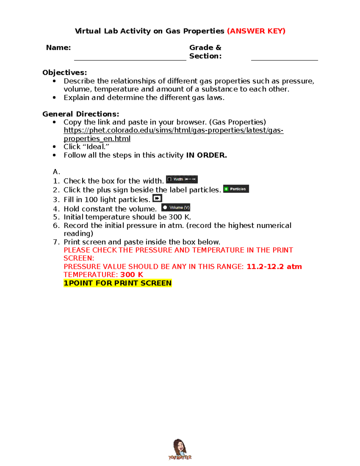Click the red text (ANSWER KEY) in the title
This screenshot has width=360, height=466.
(x=256, y=31)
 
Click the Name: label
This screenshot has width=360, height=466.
(x=58, y=48)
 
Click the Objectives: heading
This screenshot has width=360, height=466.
(x=64, y=73)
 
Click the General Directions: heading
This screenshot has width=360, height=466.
(x=81, y=114)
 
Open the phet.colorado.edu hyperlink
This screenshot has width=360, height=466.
(x=173, y=131)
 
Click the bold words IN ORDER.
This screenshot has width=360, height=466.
(x=206, y=155)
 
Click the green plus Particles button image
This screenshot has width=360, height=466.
(x=236, y=189)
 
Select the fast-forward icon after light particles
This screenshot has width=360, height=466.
(x=157, y=198)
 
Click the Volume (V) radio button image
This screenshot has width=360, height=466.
(x=176, y=208)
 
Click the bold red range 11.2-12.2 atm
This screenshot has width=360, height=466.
(x=274, y=267)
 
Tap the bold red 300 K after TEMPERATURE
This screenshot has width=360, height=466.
(x=132, y=275)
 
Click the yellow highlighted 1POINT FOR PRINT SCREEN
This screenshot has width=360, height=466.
(x=118, y=283)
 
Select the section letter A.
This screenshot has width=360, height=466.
(x=56, y=172)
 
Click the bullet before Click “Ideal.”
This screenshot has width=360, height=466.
(x=54, y=147)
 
